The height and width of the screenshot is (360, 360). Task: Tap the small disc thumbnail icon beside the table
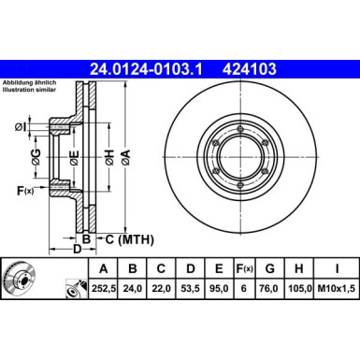point(21,281)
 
